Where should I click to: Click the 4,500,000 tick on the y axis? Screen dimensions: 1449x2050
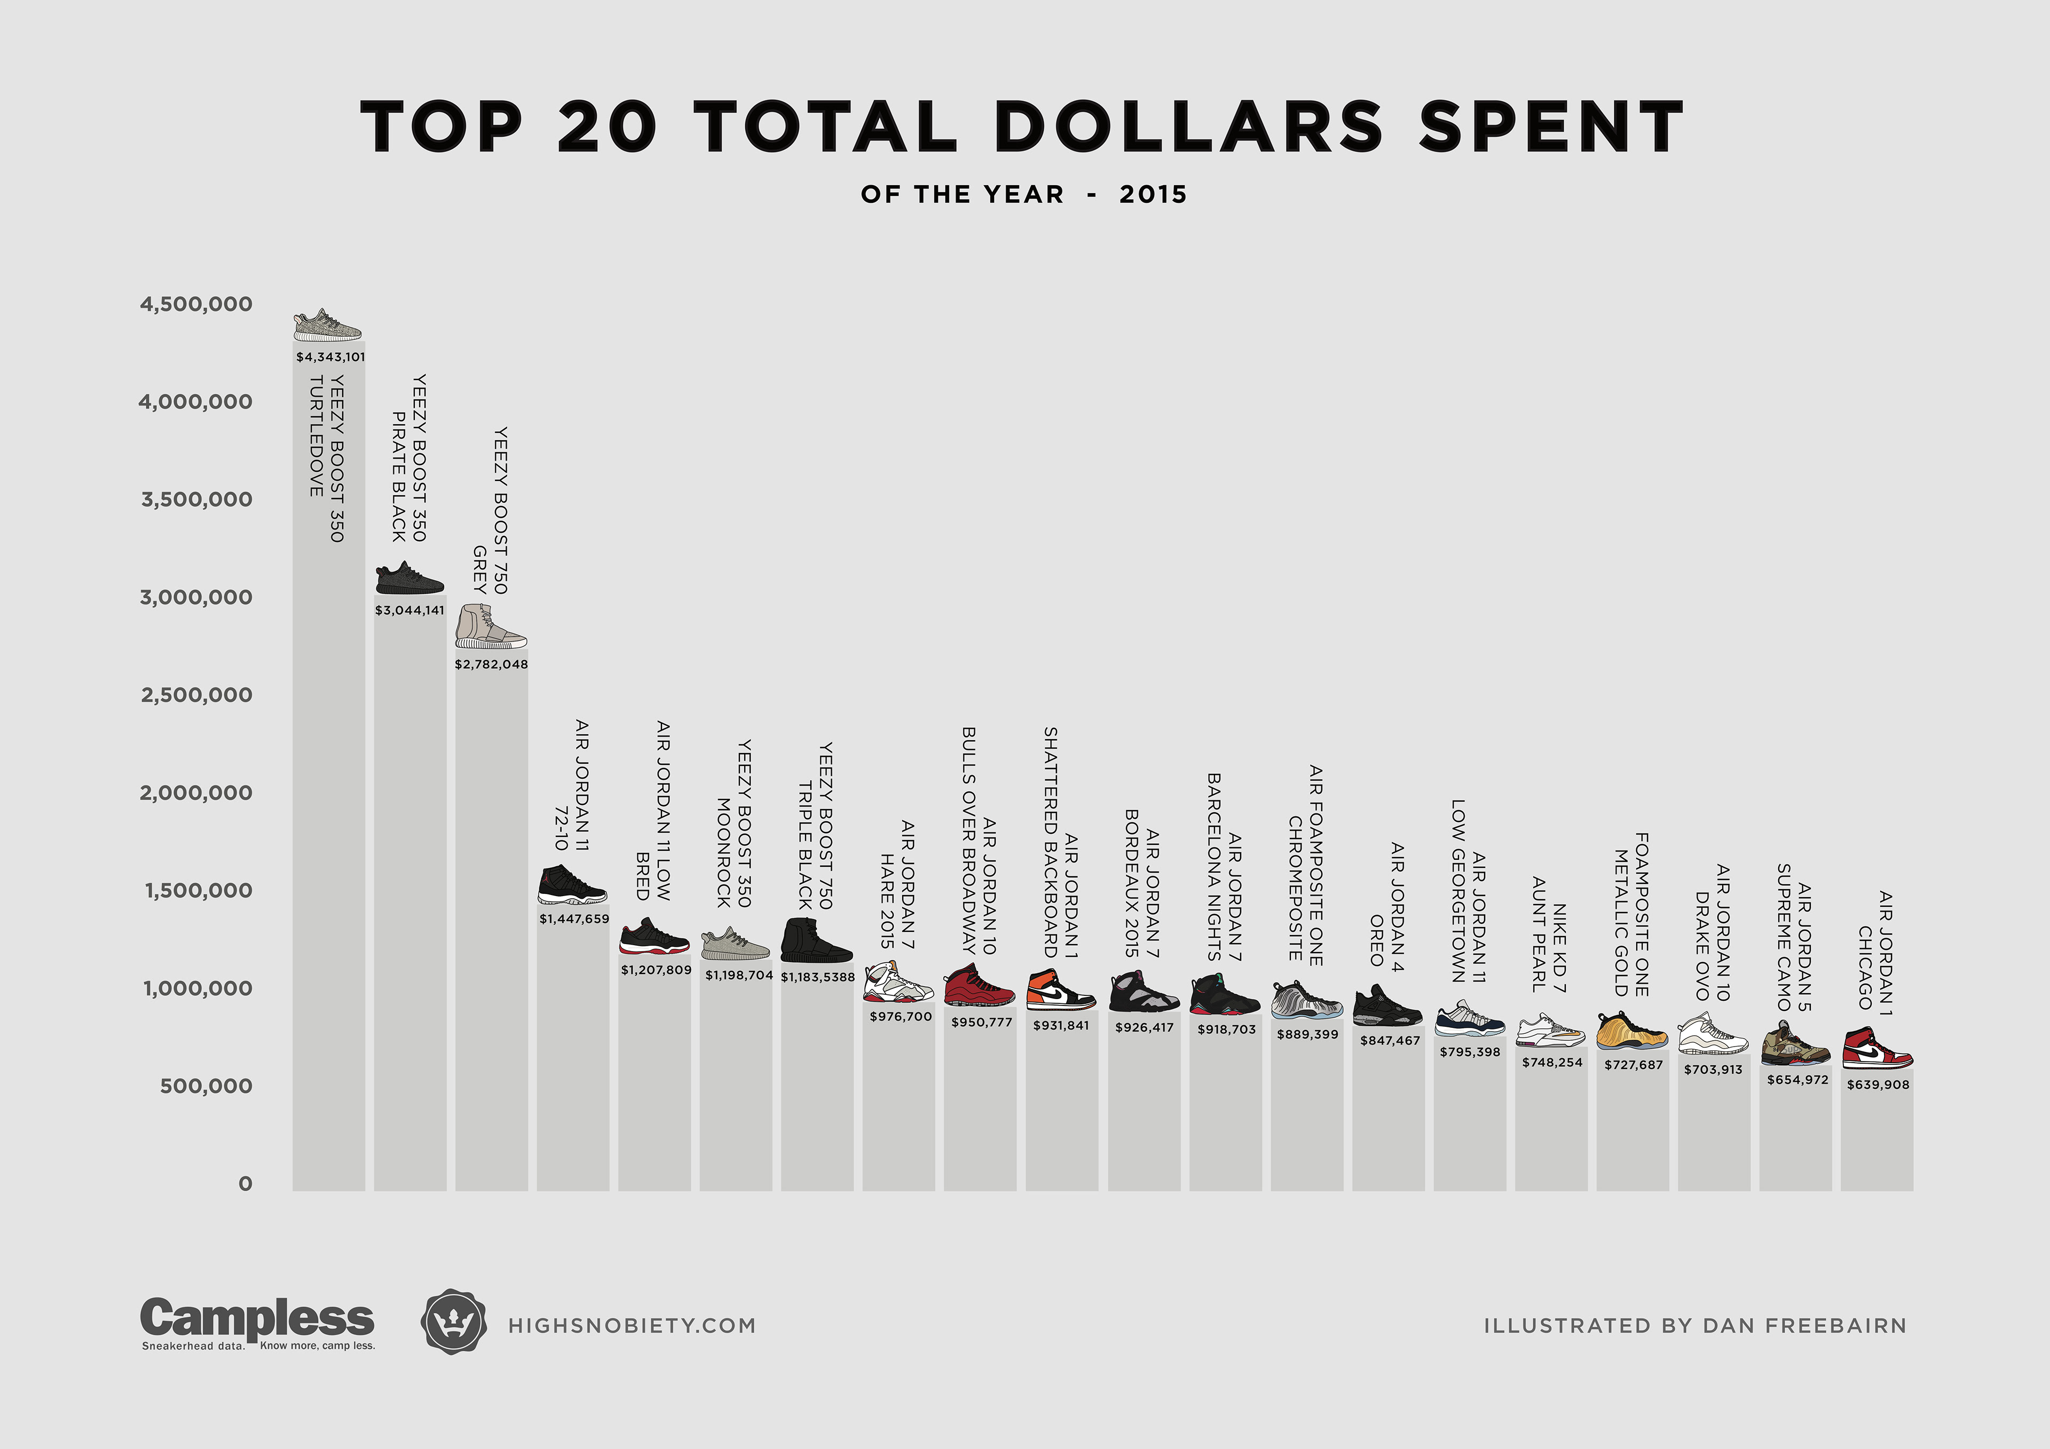pos(195,304)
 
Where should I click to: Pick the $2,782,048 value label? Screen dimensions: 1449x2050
pos(491,664)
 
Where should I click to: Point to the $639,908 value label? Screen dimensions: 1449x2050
pos(1878,1084)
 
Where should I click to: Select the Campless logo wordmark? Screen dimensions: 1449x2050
pos(257,1319)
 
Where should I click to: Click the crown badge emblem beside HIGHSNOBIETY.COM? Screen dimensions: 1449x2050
pos(454,1322)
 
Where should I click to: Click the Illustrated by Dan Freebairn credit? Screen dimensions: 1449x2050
pos(1694,1326)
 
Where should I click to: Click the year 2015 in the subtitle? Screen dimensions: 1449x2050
pos(1153,195)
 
